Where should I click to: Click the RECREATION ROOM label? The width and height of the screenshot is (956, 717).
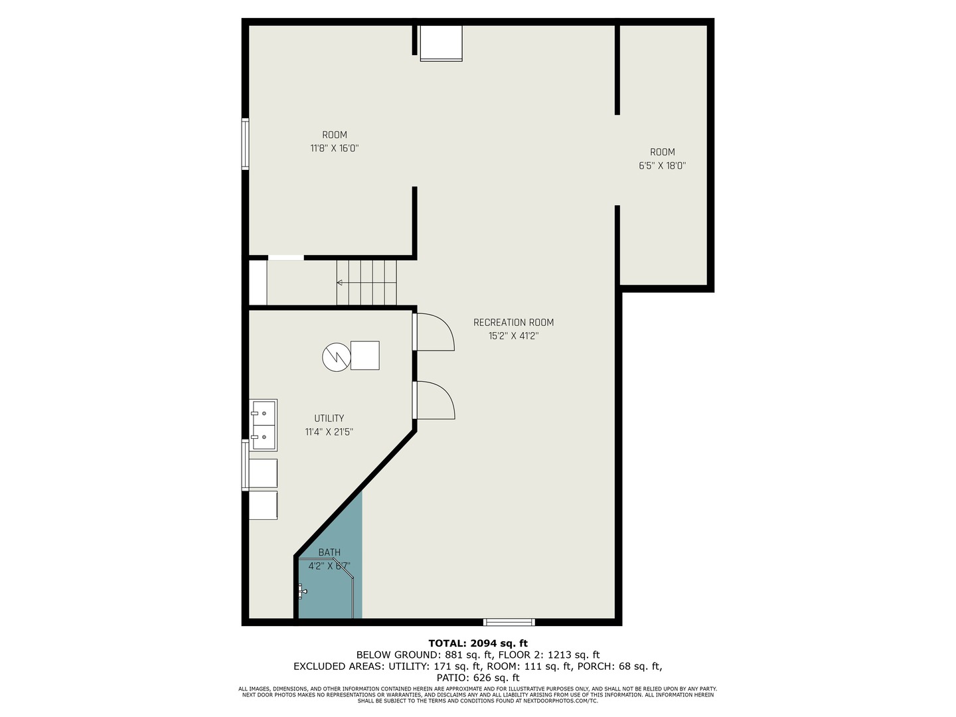(x=513, y=323)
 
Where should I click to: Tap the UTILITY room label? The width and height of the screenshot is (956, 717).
(x=329, y=418)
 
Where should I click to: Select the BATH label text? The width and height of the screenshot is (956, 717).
(x=329, y=552)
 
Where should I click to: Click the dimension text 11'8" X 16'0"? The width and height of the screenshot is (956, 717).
(x=335, y=149)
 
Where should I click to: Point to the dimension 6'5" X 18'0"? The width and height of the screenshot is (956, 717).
(x=662, y=166)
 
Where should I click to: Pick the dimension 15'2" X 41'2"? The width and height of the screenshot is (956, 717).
(x=513, y=336)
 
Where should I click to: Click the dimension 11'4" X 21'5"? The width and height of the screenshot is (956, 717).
(x=329, y=432)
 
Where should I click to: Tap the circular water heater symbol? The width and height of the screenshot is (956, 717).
(x=336, y=357)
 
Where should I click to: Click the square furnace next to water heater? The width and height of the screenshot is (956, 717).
(x=364, y=355)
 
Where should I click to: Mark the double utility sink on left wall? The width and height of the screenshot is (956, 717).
(x=264, y=425)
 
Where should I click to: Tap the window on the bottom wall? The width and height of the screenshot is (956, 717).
(x=509, y=622)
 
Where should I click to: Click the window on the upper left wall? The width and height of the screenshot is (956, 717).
(x=245, y=144)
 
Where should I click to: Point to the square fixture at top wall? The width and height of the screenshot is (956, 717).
(x=441, y=43)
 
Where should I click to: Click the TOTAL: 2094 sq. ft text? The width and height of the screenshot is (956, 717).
(x=477, y=643)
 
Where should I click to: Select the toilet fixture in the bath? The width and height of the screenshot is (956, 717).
(x=303, y=590)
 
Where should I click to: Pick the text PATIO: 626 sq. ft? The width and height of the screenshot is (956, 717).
(x=477, y=678)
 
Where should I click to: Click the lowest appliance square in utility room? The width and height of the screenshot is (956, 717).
(x=264, y=505)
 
